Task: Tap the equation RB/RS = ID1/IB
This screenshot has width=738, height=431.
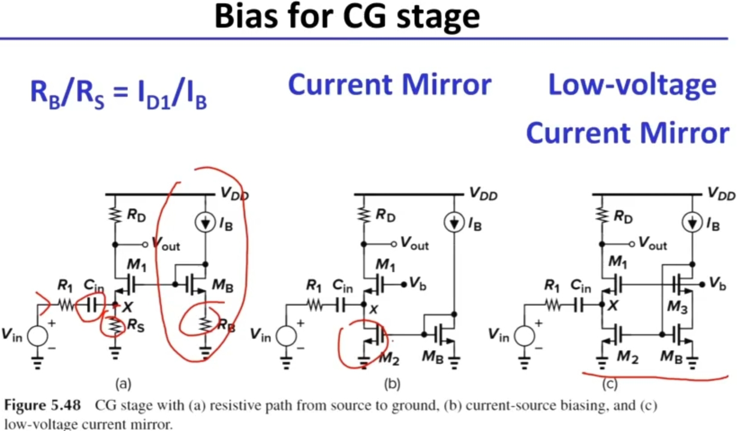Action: pos(119,96)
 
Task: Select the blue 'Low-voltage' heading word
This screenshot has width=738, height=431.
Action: pos(632,86)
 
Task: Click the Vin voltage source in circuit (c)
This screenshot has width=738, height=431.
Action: pos(525,336)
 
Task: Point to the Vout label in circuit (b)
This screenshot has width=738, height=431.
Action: pos(414,243)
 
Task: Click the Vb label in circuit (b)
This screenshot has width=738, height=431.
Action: pos(418,282)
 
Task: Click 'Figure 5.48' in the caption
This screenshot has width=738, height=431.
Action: pos(43,406)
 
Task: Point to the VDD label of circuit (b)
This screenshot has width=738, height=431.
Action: pos(483,194)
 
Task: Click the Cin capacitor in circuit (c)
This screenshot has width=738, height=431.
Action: pos(580,305)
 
